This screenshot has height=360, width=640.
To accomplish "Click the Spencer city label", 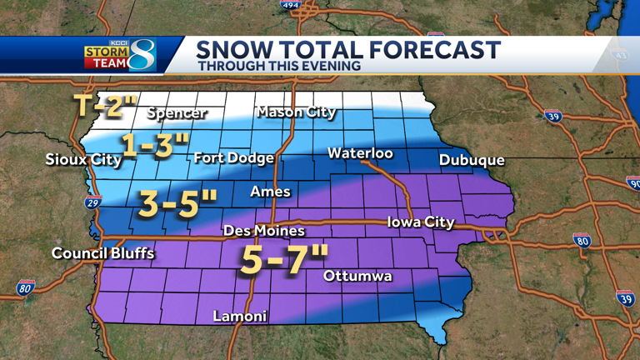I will click(x=177, y=113).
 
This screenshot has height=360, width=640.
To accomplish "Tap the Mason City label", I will click(x=296, y=112).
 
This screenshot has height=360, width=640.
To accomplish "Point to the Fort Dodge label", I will click(x=233, y=157).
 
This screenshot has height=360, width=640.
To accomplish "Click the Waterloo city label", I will click(x=360, y=153).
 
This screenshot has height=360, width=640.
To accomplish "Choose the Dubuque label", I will click(x=472, y=160).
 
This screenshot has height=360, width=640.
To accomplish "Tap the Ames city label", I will click(x=271, y=192).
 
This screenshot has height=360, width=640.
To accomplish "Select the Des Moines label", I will click(x=264, y=231).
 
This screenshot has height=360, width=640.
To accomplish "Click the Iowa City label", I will click(x=421, y=222).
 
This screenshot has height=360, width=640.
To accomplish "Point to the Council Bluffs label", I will click(x=102, y=253).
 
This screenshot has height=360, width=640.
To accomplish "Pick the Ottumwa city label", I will click(x=357, y=276).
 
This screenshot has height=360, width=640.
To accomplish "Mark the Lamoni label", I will click(x=240, y=316).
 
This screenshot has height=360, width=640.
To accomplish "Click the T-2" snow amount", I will click(x=106, y=106).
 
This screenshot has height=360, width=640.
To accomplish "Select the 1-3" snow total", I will click(x=154, y=145).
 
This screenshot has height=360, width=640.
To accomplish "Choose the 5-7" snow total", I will click(x=284, y=260).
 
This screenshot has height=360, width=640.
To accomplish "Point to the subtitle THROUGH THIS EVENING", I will click(x=279, y=66).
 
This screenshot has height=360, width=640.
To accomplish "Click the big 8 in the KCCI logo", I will click(x=142, y=55).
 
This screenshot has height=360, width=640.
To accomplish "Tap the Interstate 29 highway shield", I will click(x=92, y=202).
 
